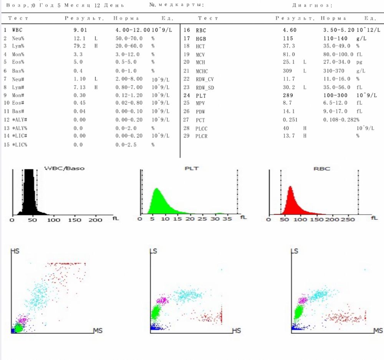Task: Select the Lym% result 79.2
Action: coord(79,46)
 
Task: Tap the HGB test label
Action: coord(200,38)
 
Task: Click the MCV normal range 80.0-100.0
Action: coord(339,54)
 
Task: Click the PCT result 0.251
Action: coord(290,120)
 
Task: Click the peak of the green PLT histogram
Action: coord(156,189)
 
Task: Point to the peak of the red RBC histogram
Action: coord(290,187)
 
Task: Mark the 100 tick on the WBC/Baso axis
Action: coord(54,220)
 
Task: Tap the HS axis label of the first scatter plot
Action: coord(15,251)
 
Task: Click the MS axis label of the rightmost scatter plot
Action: coord(378,331)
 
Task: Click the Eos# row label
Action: coord(15,103)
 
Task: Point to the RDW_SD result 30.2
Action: coord(288,87)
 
